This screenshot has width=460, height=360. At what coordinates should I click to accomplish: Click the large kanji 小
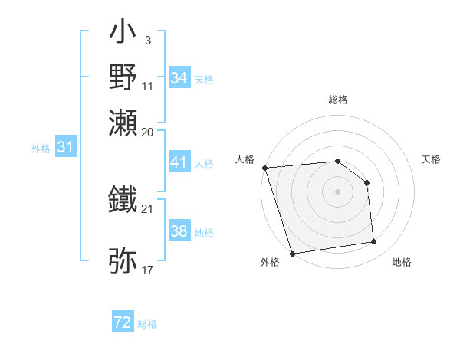pyautogui.click(x=123, y=35)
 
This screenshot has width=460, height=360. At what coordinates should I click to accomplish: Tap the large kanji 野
pyautogui.click(x=123, y=77)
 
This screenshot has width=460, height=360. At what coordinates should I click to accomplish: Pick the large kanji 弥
pyautogui.click(x=123, y=260)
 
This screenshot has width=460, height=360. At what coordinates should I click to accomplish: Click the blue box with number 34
pyautogui.click(x=179, y=78)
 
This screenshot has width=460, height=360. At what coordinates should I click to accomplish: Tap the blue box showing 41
pyautogui.click(x=179, y=162)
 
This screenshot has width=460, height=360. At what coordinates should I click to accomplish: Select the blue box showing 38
pyautogui.click(x=179, y=231)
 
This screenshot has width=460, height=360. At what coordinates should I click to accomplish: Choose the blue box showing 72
pyautogui.click(x=123, y=322)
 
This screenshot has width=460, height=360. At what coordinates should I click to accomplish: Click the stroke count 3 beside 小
pyautogui.click(x=147, y=38)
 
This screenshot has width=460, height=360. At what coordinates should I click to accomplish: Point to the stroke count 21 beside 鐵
pyautogui.click(x=148, y=208)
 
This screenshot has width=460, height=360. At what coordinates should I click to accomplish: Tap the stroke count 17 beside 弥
pyautogui.click(x=148, y=269)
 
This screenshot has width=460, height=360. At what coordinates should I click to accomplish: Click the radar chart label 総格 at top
pyautogui.click(x=337, y=100)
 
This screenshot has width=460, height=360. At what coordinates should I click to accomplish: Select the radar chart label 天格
pyautogui.click(x=432, y=159)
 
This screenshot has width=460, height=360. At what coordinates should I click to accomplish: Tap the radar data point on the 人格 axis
pyautogui.click(x=264, y=168)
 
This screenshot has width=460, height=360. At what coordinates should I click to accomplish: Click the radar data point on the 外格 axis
pyautogui.click(x=293, y=254)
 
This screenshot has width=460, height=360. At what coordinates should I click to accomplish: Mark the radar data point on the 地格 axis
pyautogui.click(x=374, y=242)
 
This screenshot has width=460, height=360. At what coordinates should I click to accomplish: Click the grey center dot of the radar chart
pyautogui.click(x=337, y=191)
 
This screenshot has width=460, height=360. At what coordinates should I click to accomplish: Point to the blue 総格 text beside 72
pyautogui.click(x=147, y=324)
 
